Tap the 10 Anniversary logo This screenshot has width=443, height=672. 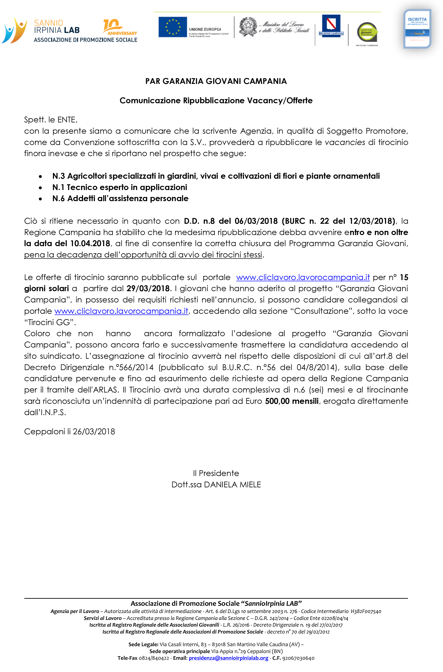(x=120, y=27)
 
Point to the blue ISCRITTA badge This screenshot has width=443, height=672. (x=417, y=29)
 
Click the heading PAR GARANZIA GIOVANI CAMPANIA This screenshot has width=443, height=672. (x=216, y=81)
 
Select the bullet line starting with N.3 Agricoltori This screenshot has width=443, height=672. (x=216, y=176)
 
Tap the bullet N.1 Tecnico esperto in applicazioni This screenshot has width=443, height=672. (x=120, y=187)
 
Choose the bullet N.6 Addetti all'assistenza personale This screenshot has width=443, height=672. (x=120, y=198)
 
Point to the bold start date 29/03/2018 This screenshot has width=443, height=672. (x=148, y=288)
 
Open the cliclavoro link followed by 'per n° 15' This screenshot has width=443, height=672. (x=303, y=277)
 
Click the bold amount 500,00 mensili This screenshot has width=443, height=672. (x=292, y=401)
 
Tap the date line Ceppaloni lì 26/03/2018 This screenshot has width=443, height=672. (x=69, y=432)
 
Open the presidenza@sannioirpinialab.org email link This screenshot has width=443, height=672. (x=228, y=658)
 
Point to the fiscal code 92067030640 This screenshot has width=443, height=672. (x=298, y=658)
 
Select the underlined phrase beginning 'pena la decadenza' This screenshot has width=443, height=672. (x=143, y=255)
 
